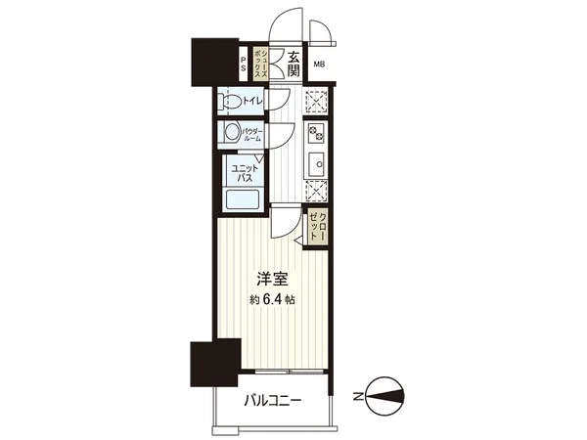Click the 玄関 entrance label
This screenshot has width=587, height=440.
(x=294, y=65)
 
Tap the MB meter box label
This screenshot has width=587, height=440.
(x=319, y=65)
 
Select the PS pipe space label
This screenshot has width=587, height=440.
(x=244, y=64)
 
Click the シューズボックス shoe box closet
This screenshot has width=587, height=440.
(x=260, y=64)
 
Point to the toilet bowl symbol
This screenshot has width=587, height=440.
(x=231, y=100)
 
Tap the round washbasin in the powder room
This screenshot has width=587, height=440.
(x=231, y=133)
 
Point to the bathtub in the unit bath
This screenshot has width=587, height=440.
(x=242, y=199)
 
